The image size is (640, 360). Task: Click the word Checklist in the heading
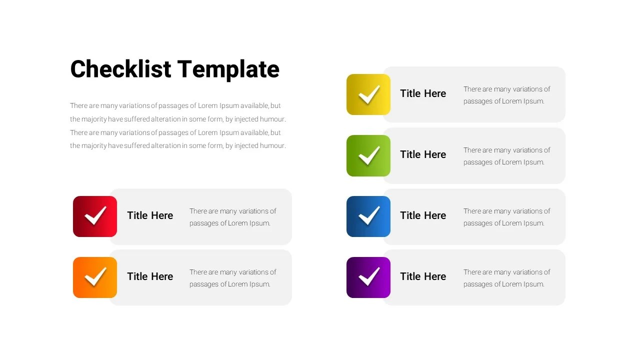[120, 69]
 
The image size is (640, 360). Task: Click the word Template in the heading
[228, 69]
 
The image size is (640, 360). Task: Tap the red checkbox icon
[95, 216]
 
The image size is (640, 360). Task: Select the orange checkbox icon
[95, 277]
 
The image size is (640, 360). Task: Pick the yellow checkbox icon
[368, 94]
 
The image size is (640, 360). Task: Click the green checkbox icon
[368, 155]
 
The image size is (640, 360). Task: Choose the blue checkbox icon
[368, 216]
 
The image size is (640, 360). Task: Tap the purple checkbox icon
[368, 277]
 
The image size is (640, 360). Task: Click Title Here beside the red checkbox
[150, 215]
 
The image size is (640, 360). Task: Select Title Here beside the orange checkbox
[150, 276]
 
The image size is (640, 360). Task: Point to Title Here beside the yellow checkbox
[423, 93]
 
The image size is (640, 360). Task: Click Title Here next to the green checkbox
[423, 154]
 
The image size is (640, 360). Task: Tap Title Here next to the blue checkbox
[423, 215]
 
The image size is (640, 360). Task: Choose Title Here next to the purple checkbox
[423, 276]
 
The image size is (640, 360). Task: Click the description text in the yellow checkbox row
[506, 95]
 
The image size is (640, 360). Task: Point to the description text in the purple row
[506, 278]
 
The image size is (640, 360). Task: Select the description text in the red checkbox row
[232, 217]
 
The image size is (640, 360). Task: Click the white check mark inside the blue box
[369, 216]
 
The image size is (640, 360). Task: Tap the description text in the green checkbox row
[506, 156]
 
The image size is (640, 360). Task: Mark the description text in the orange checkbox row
[232, 278]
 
